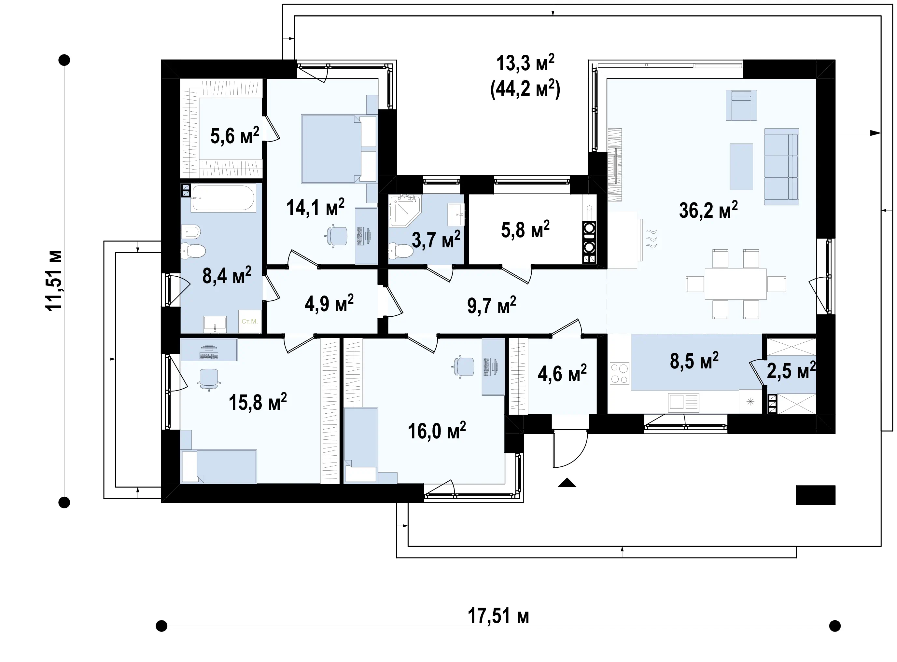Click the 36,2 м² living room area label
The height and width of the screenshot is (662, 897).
[x=708, y=210]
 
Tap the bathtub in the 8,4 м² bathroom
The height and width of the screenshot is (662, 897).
[x=223, y=198]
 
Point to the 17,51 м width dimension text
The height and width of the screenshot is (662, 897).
[x=498, y=616]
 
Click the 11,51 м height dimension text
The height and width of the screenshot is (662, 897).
[x=54, y=281]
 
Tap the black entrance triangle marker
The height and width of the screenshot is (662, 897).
[x=567, y=482]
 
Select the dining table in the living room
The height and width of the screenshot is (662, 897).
[x=736, y=284]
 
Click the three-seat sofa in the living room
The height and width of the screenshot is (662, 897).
[x=781, y=166]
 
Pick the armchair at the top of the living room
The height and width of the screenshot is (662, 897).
[x=741, y=105]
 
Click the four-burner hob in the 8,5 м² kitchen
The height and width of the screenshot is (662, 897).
[x=619, y=373]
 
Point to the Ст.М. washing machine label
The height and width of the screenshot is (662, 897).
[x=249, y=321]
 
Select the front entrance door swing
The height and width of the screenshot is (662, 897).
[x=570, y=449]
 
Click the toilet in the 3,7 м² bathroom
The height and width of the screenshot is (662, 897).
[x=401, y=251]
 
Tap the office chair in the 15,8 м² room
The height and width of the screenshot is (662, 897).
[x=209, y=379]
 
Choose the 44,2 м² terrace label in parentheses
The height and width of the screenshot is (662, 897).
[x=525, y=89]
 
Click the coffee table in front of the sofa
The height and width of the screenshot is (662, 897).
[x=741, y=166]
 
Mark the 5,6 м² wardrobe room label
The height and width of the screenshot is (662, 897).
[x=235, y=135]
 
